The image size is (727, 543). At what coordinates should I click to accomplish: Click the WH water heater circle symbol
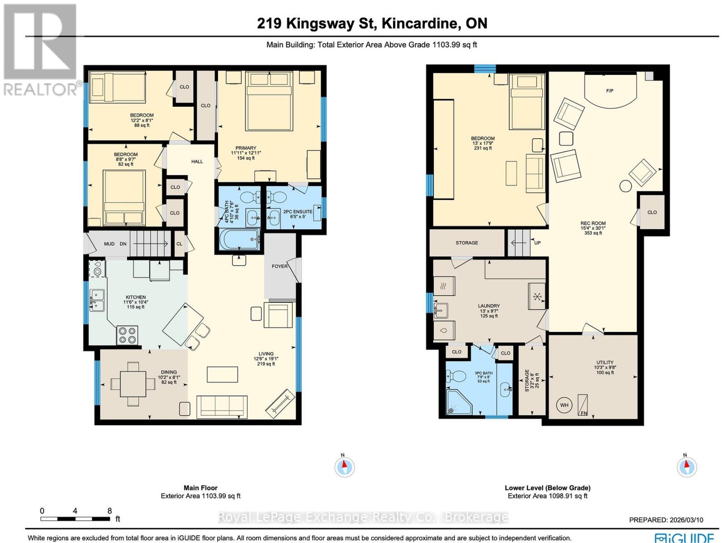tap(564, 405)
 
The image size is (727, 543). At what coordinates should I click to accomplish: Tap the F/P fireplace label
tap(609, 91)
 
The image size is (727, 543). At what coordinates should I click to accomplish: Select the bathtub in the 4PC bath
tap(239, 239)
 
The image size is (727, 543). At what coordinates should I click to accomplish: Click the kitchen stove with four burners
tap(127, 335)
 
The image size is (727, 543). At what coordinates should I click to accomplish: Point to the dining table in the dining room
tap(133, 384)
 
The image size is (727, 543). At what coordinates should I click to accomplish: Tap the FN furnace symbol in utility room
tap(583, 405)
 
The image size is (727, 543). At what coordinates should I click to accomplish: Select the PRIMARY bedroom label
tap(246, 148)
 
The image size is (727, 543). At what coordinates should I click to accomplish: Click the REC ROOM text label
tap(593, 223)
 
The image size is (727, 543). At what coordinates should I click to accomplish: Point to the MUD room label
tap(109, 244)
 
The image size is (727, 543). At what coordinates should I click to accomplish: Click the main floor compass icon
tap(344, 467)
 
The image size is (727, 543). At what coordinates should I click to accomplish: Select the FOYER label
tap(279, 266)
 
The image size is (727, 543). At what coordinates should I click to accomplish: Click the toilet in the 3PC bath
tap(458, 376)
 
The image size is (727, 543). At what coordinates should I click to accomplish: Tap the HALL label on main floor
tap(197, 161)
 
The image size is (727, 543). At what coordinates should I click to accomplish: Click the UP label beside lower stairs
tap(537, 243)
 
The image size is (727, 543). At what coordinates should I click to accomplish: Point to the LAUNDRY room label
tap(489, 306)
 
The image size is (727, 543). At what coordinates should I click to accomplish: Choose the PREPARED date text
tap(666, 520)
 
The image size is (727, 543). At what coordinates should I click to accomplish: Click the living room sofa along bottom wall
tap(222, 407)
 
